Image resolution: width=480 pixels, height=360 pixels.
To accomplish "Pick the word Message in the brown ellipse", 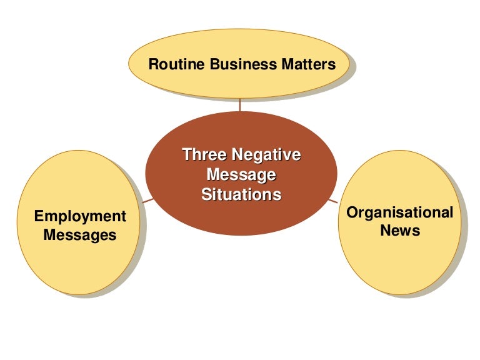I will point(241,174).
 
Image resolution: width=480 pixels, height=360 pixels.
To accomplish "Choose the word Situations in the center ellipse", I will point(241,194).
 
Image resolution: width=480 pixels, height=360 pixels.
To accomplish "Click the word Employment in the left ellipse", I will point(80,216).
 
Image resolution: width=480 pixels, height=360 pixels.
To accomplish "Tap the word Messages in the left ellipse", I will point(80,236).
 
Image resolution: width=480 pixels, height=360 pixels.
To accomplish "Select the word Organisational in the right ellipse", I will point(399,212).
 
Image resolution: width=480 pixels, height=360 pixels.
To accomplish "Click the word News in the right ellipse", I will point(399,231).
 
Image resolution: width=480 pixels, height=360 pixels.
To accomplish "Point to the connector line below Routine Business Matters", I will point(240,104).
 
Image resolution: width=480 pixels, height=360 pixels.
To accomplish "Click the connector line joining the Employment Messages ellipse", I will point(147,200).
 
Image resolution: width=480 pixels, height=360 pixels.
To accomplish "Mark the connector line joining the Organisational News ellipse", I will point(334,200).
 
